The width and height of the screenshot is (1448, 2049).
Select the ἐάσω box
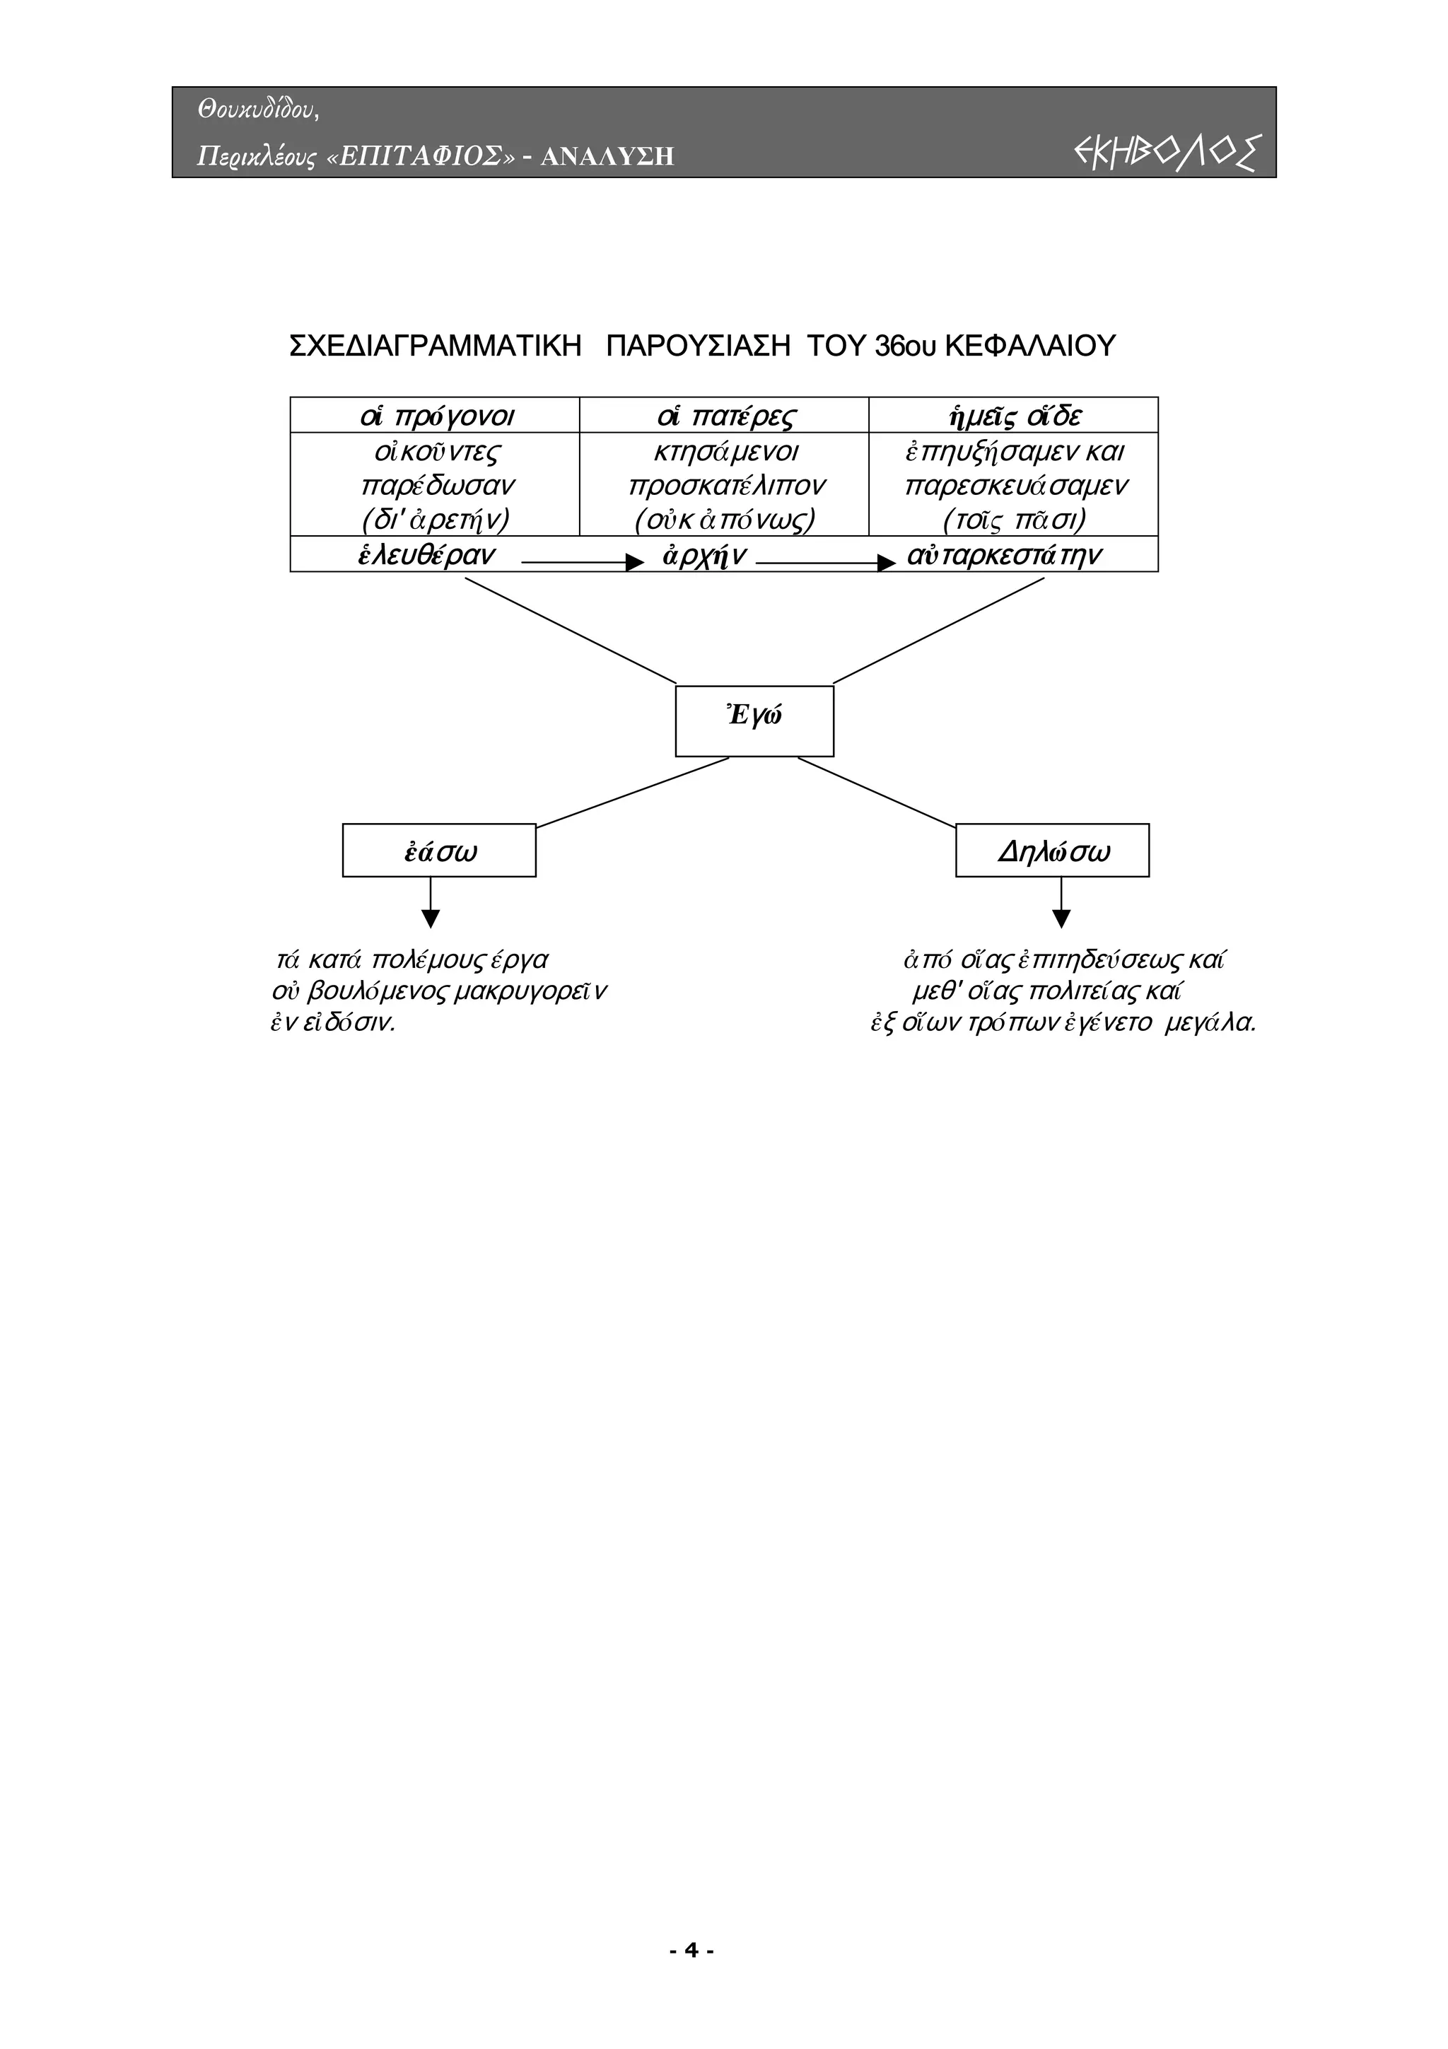point(439,851)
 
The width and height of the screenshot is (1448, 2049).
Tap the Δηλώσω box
point(1052,851)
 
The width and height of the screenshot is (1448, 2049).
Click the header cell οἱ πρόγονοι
point(436,416)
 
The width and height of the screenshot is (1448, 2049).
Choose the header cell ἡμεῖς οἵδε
point(1013,416)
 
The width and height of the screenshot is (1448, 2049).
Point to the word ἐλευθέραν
point(426,555)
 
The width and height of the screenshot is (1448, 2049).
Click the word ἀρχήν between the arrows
point(704,556)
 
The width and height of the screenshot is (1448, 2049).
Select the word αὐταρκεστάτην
point(1005,555)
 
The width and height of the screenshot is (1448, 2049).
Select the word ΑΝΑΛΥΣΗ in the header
point(607,157)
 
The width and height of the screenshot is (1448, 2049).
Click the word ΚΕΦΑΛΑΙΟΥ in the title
point(1029,346)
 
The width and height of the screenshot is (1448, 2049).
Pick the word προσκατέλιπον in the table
point(727,486)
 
